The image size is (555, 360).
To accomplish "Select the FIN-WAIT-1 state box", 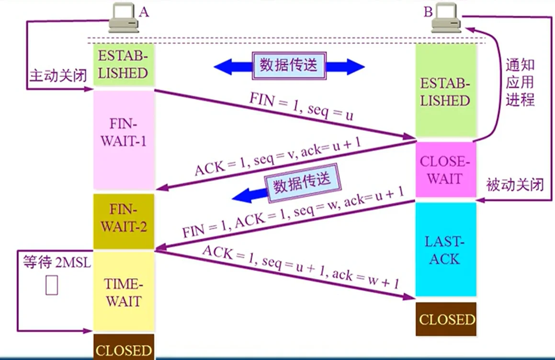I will (x=124, y=140).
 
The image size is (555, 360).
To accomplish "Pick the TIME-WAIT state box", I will (x=124, y=292).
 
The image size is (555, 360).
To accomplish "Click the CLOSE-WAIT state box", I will (x=445, y=169).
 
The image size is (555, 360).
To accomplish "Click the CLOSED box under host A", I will (x=124, y=349).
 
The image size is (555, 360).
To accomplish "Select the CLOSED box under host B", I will (x=445, y=319).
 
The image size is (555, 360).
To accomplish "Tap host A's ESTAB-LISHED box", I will (x=124, y=64).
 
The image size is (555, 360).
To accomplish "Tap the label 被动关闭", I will (x=515, y=185).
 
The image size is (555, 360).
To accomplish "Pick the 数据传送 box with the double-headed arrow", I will (x=289, y=65).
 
